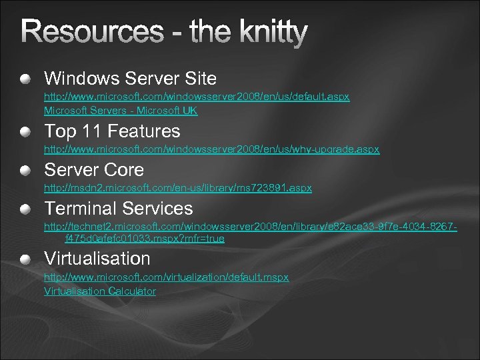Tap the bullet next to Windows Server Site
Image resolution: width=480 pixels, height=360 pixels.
point(25,79)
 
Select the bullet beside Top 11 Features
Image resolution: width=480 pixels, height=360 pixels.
point(25,131)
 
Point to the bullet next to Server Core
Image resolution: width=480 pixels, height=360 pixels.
point(25,170)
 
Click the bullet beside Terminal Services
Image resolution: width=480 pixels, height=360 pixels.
point(25,209)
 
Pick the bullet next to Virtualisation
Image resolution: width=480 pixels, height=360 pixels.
point(25,259)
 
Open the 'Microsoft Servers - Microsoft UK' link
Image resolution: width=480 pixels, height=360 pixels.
point(121,111)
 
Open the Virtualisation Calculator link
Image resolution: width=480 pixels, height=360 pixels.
point(100,291)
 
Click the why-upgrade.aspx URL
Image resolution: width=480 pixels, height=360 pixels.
point(211,149)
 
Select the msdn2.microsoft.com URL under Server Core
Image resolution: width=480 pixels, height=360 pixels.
point(177,189)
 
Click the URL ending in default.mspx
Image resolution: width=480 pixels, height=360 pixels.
point(166,277)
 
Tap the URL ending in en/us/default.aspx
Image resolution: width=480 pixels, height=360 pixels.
point(197,97)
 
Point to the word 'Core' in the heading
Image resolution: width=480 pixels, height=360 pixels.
point(123,170)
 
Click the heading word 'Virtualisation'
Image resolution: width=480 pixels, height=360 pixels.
point(97,259)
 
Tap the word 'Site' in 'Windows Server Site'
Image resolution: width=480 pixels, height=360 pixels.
point(199,79)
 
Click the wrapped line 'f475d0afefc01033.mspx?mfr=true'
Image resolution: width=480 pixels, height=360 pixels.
point(144,239)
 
